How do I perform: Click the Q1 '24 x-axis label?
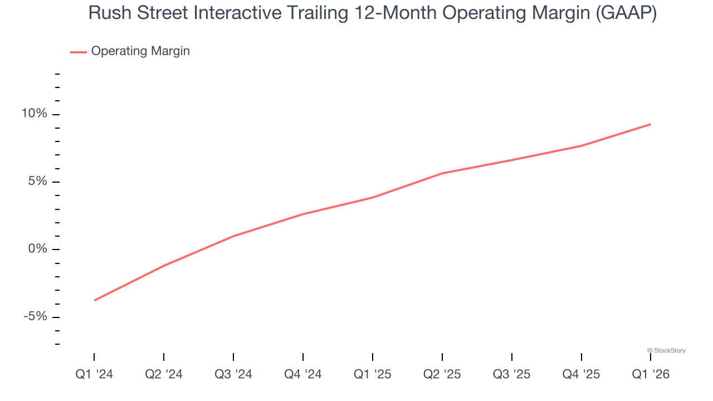click(94, 374)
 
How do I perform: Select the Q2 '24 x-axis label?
click(164, 374)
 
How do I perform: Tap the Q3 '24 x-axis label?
click(233, 374)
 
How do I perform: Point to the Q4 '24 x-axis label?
click(303, 374)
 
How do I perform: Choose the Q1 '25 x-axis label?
click(373, 374)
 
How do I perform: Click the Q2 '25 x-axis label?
click(442, 374)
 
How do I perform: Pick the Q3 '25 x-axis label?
click(512, 374)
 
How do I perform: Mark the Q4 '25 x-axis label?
click(582, 374)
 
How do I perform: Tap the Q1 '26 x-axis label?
click(651, 374)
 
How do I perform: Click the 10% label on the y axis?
click(34, 114)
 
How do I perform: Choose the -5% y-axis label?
click(35, 316)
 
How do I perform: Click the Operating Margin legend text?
click(140, 51)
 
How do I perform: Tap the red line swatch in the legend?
click(78, 52)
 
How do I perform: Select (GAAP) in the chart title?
click(626, 13)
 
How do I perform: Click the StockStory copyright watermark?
click(666, 350)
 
